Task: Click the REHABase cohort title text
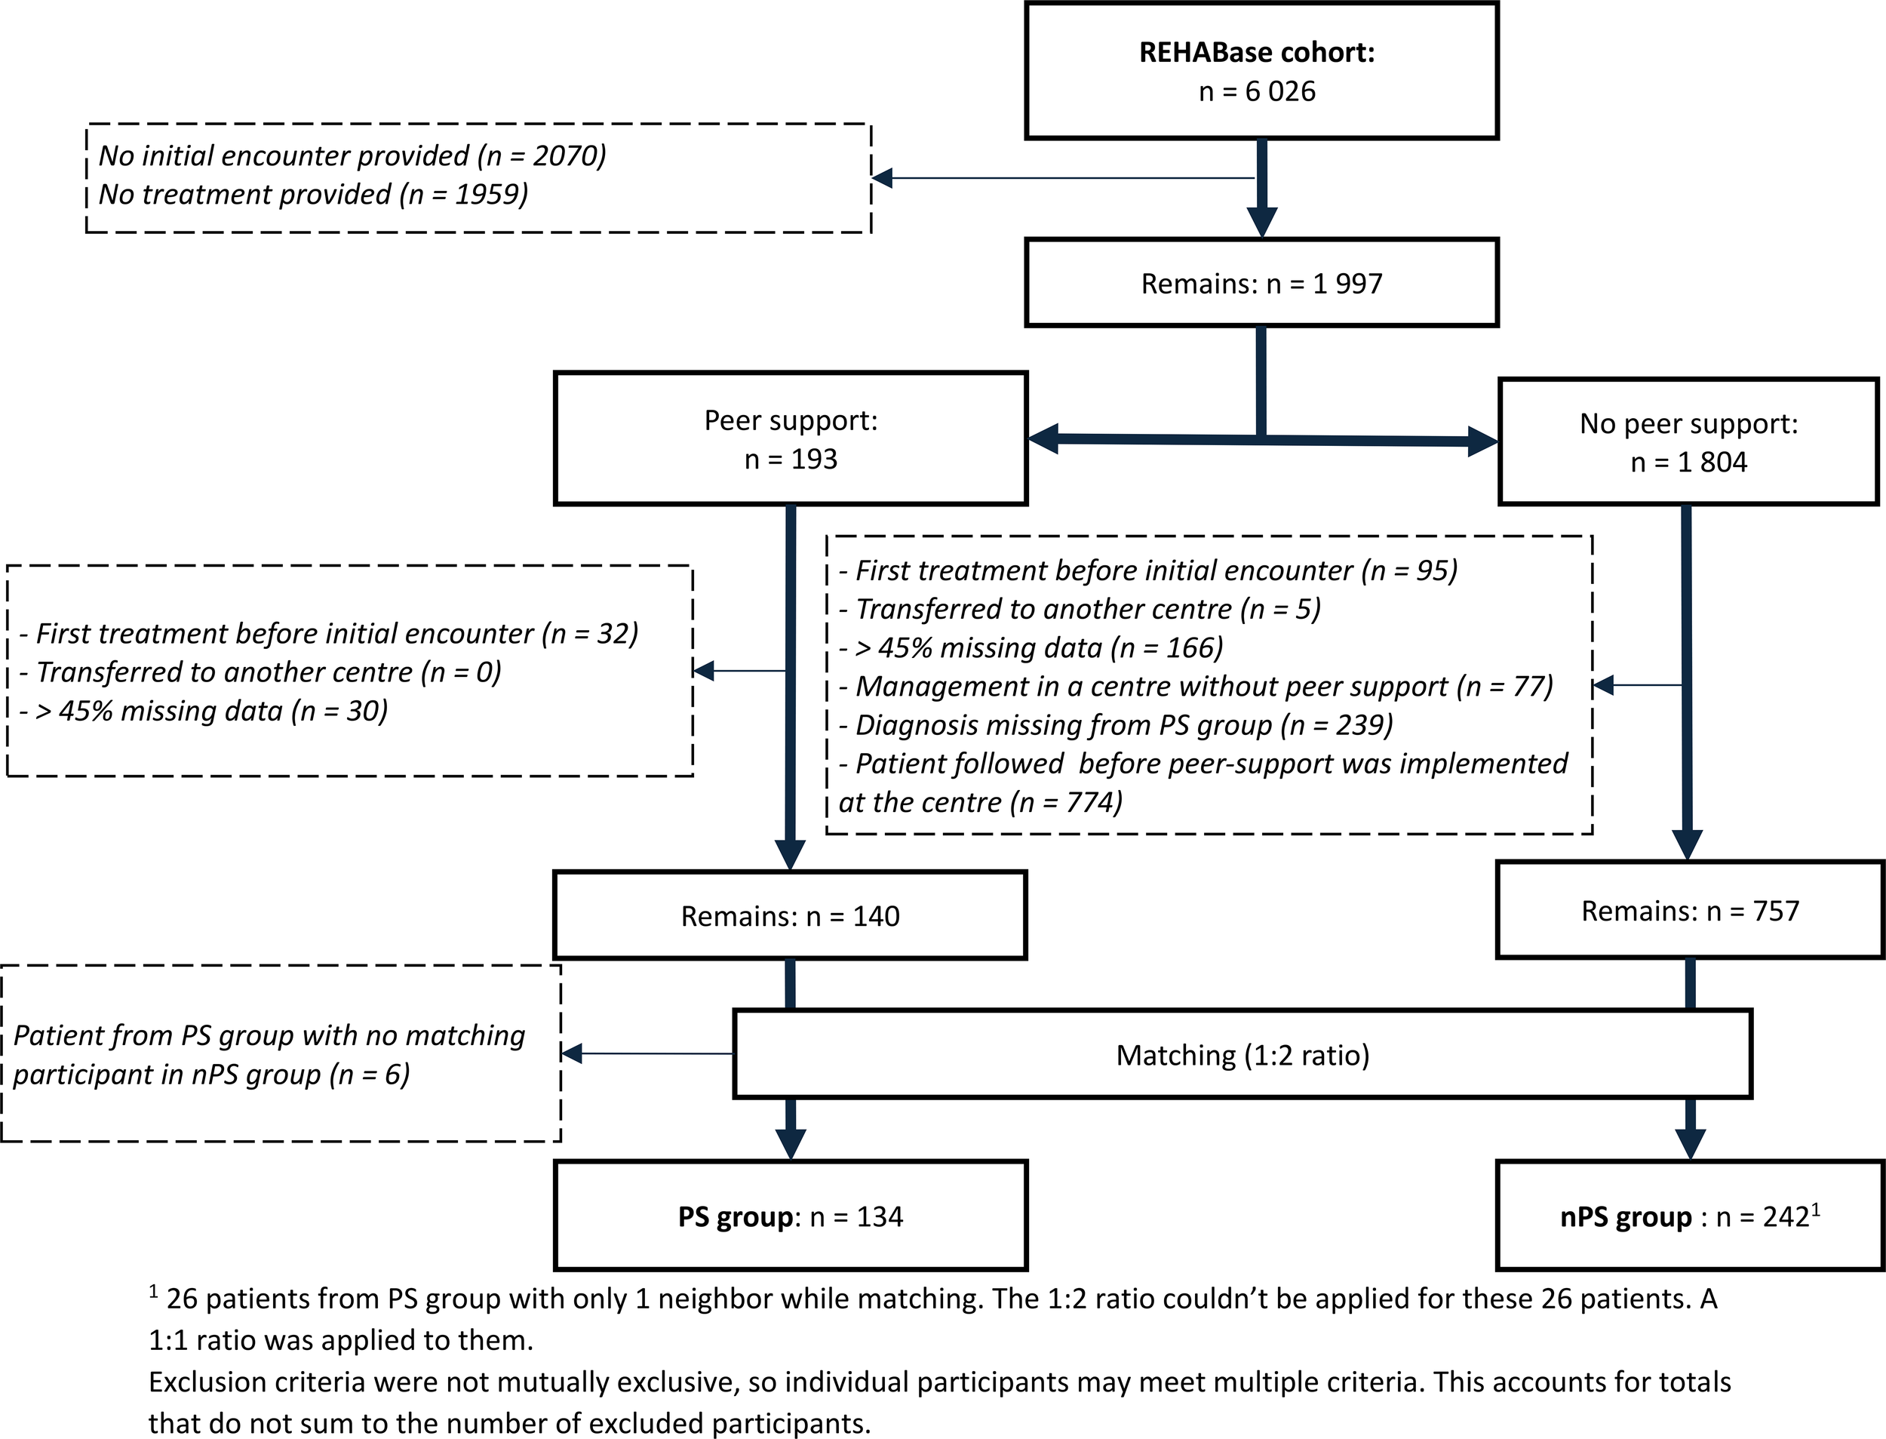pos(1256,52)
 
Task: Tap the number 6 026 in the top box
pos(1280,91)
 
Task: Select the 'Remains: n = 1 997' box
pos(1261,284)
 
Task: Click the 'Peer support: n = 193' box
pos(790,439)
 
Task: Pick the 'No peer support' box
pos(1688,443)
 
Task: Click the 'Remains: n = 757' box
pos(1689,912)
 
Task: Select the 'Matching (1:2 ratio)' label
pos(1242,1055)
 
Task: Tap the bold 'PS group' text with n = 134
pos(736,1217)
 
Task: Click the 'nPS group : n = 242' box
pos(1689,1217)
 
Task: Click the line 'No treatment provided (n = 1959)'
pos(313,195)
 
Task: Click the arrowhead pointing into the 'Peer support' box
pos(1043,438)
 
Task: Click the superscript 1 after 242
pos(1815,1209)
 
